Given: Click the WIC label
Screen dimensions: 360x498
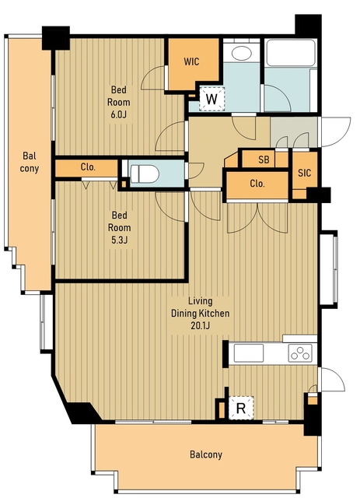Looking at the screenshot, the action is pyautogui.click(x=191, y=61).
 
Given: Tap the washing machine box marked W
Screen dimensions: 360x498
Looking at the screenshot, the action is pyautogui.click(x=211, y=99).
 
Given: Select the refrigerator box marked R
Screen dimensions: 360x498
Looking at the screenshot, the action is pyautogui.click(x=241, y=408).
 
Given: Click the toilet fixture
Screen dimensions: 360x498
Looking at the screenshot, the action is pyautogui.click(x=145, y=174).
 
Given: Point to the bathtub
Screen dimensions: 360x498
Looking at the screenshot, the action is pyautogui.click(x=291, y=53).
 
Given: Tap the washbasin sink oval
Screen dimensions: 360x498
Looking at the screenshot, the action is pyautogui.click(x=242, y=53).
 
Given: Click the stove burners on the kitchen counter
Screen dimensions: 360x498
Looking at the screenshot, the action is pyautogui.click(x=300, y=353).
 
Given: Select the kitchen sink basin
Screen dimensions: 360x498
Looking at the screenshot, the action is pyautogui.click(x=249, y=352).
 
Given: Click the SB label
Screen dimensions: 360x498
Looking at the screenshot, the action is pyautogui.click(x=264, y=160).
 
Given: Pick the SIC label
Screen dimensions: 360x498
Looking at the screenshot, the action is pyautogui.click(x=305, y=173).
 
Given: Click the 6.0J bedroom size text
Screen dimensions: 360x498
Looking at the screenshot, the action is pyautogui.click(x=118, y=114).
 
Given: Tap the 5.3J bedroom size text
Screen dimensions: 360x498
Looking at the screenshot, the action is pyautogui.click(x=120, y=240).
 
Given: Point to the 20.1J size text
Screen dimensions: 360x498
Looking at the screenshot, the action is pyautogui.click(x=200, y=325).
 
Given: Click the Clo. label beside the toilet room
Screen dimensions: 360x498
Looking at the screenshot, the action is pyautogui.click(x=88, y=167).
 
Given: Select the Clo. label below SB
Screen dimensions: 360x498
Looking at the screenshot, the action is pyautogui.click(x=257, y=184).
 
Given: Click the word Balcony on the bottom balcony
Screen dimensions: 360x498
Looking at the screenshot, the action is pyautogui.click(x=206, y=454).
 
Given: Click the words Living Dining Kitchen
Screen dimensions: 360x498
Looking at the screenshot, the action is pyautogui.click(x=201, y=307).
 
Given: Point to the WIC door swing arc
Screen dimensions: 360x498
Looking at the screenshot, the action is pyautogui.click(x=149, y=77).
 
